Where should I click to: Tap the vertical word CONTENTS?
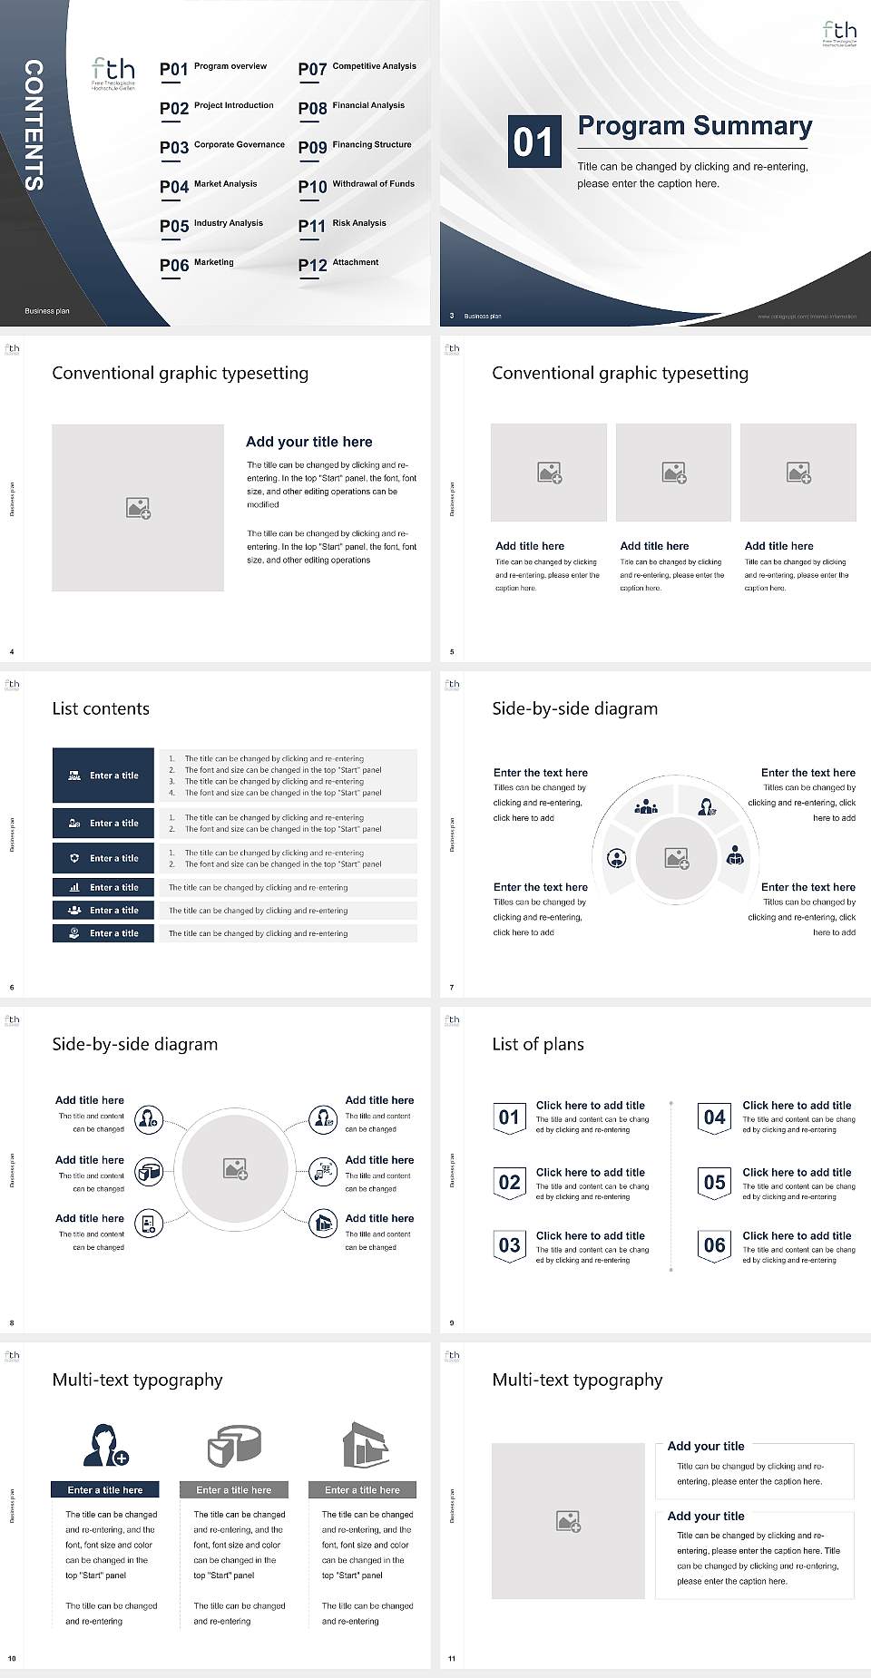34,125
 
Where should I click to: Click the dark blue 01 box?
533,141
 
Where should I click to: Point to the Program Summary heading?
694,126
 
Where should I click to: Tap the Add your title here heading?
308,442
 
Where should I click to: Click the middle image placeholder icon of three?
673,473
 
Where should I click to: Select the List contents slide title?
101,708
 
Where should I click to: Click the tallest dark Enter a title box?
103,776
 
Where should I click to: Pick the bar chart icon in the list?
74,887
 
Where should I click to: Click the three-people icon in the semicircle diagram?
646,805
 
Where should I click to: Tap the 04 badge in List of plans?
715,1117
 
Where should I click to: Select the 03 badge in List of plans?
509,1244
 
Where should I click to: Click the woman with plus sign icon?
105,1445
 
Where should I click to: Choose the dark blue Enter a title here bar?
104,1489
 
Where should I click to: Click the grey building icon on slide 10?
365,1445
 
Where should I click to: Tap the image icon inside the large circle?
236,1168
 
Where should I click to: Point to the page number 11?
452,1659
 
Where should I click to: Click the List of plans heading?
538,1044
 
